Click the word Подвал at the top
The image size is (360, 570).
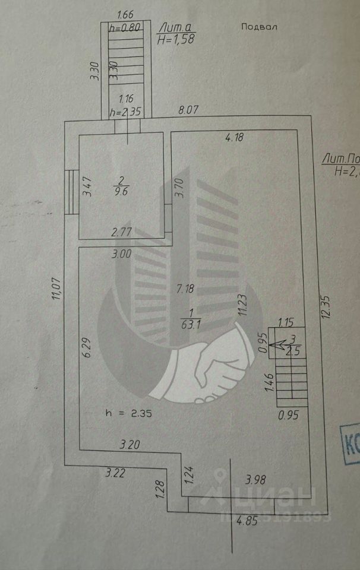pyautogui.click(x=260, y=27)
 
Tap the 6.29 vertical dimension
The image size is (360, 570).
pyautogui.click(x=88, y=347)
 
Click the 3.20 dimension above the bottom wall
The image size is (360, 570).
pyautogui.click(x=130, y=443)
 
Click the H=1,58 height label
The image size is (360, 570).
pyautogui.click(x=176, y=39)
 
